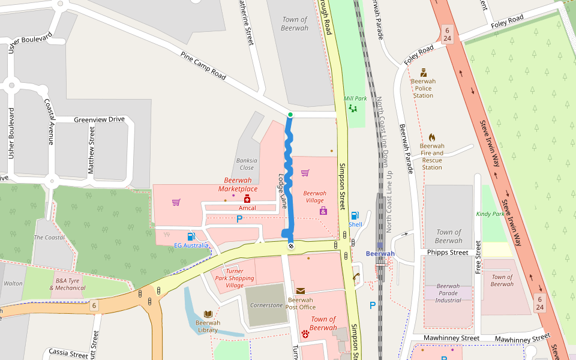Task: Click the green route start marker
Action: click(x=290, y=115)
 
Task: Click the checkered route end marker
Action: click(x=291, y=245)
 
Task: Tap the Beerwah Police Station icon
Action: click(x=424, y=73)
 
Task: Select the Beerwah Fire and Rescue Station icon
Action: click(x=432, y=138)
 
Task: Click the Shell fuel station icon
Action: click(x=355, y=215)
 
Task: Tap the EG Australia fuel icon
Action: click(x=191, y=236)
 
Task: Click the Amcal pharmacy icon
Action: click(x=247, y=199)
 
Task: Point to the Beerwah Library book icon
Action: click(x=208, y=314)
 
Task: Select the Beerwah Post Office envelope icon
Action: click(x=300, y=291)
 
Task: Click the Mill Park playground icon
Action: click(x=352, y=109)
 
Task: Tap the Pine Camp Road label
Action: click(x=203, y=66)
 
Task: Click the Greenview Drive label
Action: click(x=99, y=119)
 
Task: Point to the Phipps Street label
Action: click(x=448, y=253)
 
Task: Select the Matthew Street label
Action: click(x=91, y=150)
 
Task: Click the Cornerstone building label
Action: click(x=266, y=305)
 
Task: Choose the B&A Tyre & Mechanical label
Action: click(x=70, y=284)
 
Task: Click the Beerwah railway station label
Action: click(x=380, y=254)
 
